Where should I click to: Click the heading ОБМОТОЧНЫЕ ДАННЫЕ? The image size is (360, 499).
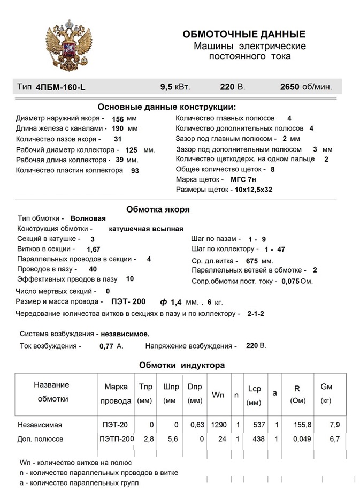[244, 34]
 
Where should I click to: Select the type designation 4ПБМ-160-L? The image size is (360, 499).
[60, 87]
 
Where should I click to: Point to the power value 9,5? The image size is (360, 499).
[167, 86]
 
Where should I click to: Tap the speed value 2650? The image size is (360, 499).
[291, 86]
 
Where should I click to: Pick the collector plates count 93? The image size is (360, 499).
[135, 171]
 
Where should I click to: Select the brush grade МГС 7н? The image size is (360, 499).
[245, 179]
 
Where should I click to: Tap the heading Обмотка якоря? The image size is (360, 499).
[157, 209]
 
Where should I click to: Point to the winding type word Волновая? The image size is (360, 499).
[88, 218]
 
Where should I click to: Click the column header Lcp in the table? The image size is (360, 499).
[254, 389]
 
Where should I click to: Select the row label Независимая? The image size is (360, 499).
[40, 425]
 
